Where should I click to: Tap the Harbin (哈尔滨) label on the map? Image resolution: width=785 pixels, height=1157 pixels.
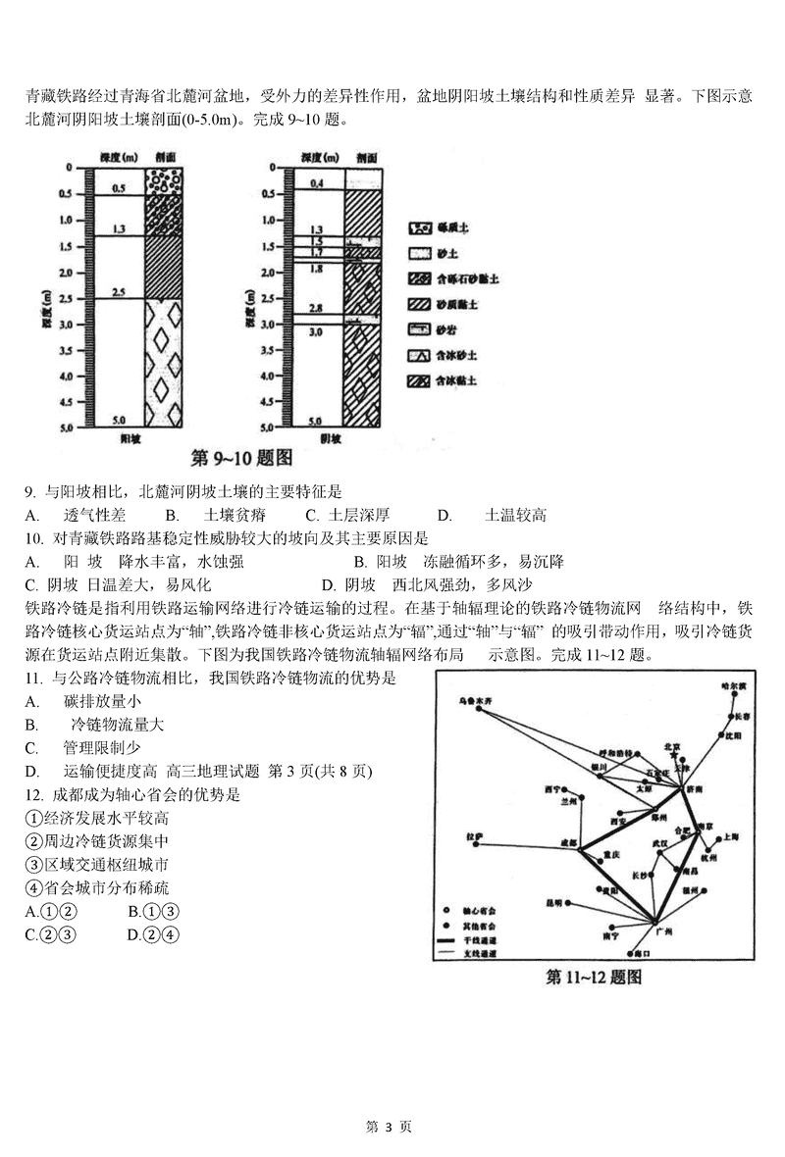(x=735, y=683)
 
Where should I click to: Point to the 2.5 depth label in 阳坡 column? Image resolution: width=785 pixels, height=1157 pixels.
(x=118, y=292)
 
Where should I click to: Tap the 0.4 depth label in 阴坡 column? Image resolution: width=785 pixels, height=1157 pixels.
(x=316, y=183)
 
